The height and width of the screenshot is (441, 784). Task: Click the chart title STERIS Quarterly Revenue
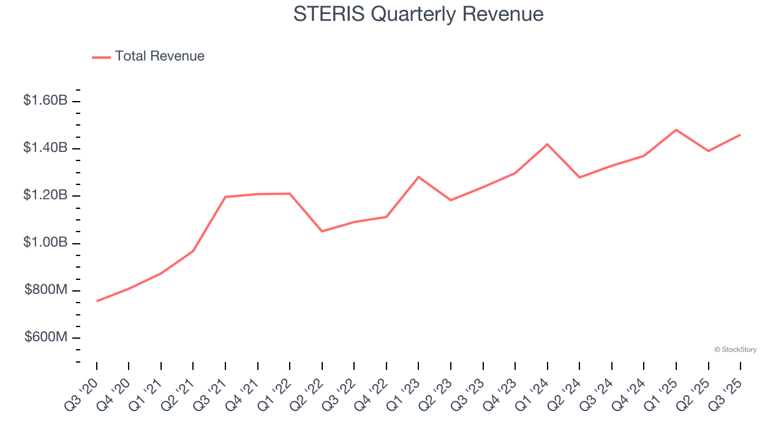click(418, 13)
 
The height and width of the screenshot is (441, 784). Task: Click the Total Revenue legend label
click(159, 56)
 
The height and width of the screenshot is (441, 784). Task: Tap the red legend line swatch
click(101, 57)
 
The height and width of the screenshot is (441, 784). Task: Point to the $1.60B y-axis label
click(45, 100)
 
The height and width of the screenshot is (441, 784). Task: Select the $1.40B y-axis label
click(45, 148)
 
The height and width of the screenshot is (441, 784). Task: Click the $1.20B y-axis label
click(45, 195)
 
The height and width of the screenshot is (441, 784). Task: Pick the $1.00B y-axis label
click(45, 243)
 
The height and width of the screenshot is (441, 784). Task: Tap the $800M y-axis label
click(46, 290)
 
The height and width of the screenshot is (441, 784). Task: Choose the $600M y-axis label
click(46, 337)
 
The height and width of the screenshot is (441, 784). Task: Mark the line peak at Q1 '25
click(676, 130)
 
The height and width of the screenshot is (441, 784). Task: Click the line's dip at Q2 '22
click(322, 231)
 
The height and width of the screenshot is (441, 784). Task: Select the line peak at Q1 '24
click(547, 145)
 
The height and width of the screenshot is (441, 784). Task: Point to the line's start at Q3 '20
click(97, 301)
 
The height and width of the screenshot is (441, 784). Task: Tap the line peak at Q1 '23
click(418, 177)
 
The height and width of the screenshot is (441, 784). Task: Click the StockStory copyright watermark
click(735, 350)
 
